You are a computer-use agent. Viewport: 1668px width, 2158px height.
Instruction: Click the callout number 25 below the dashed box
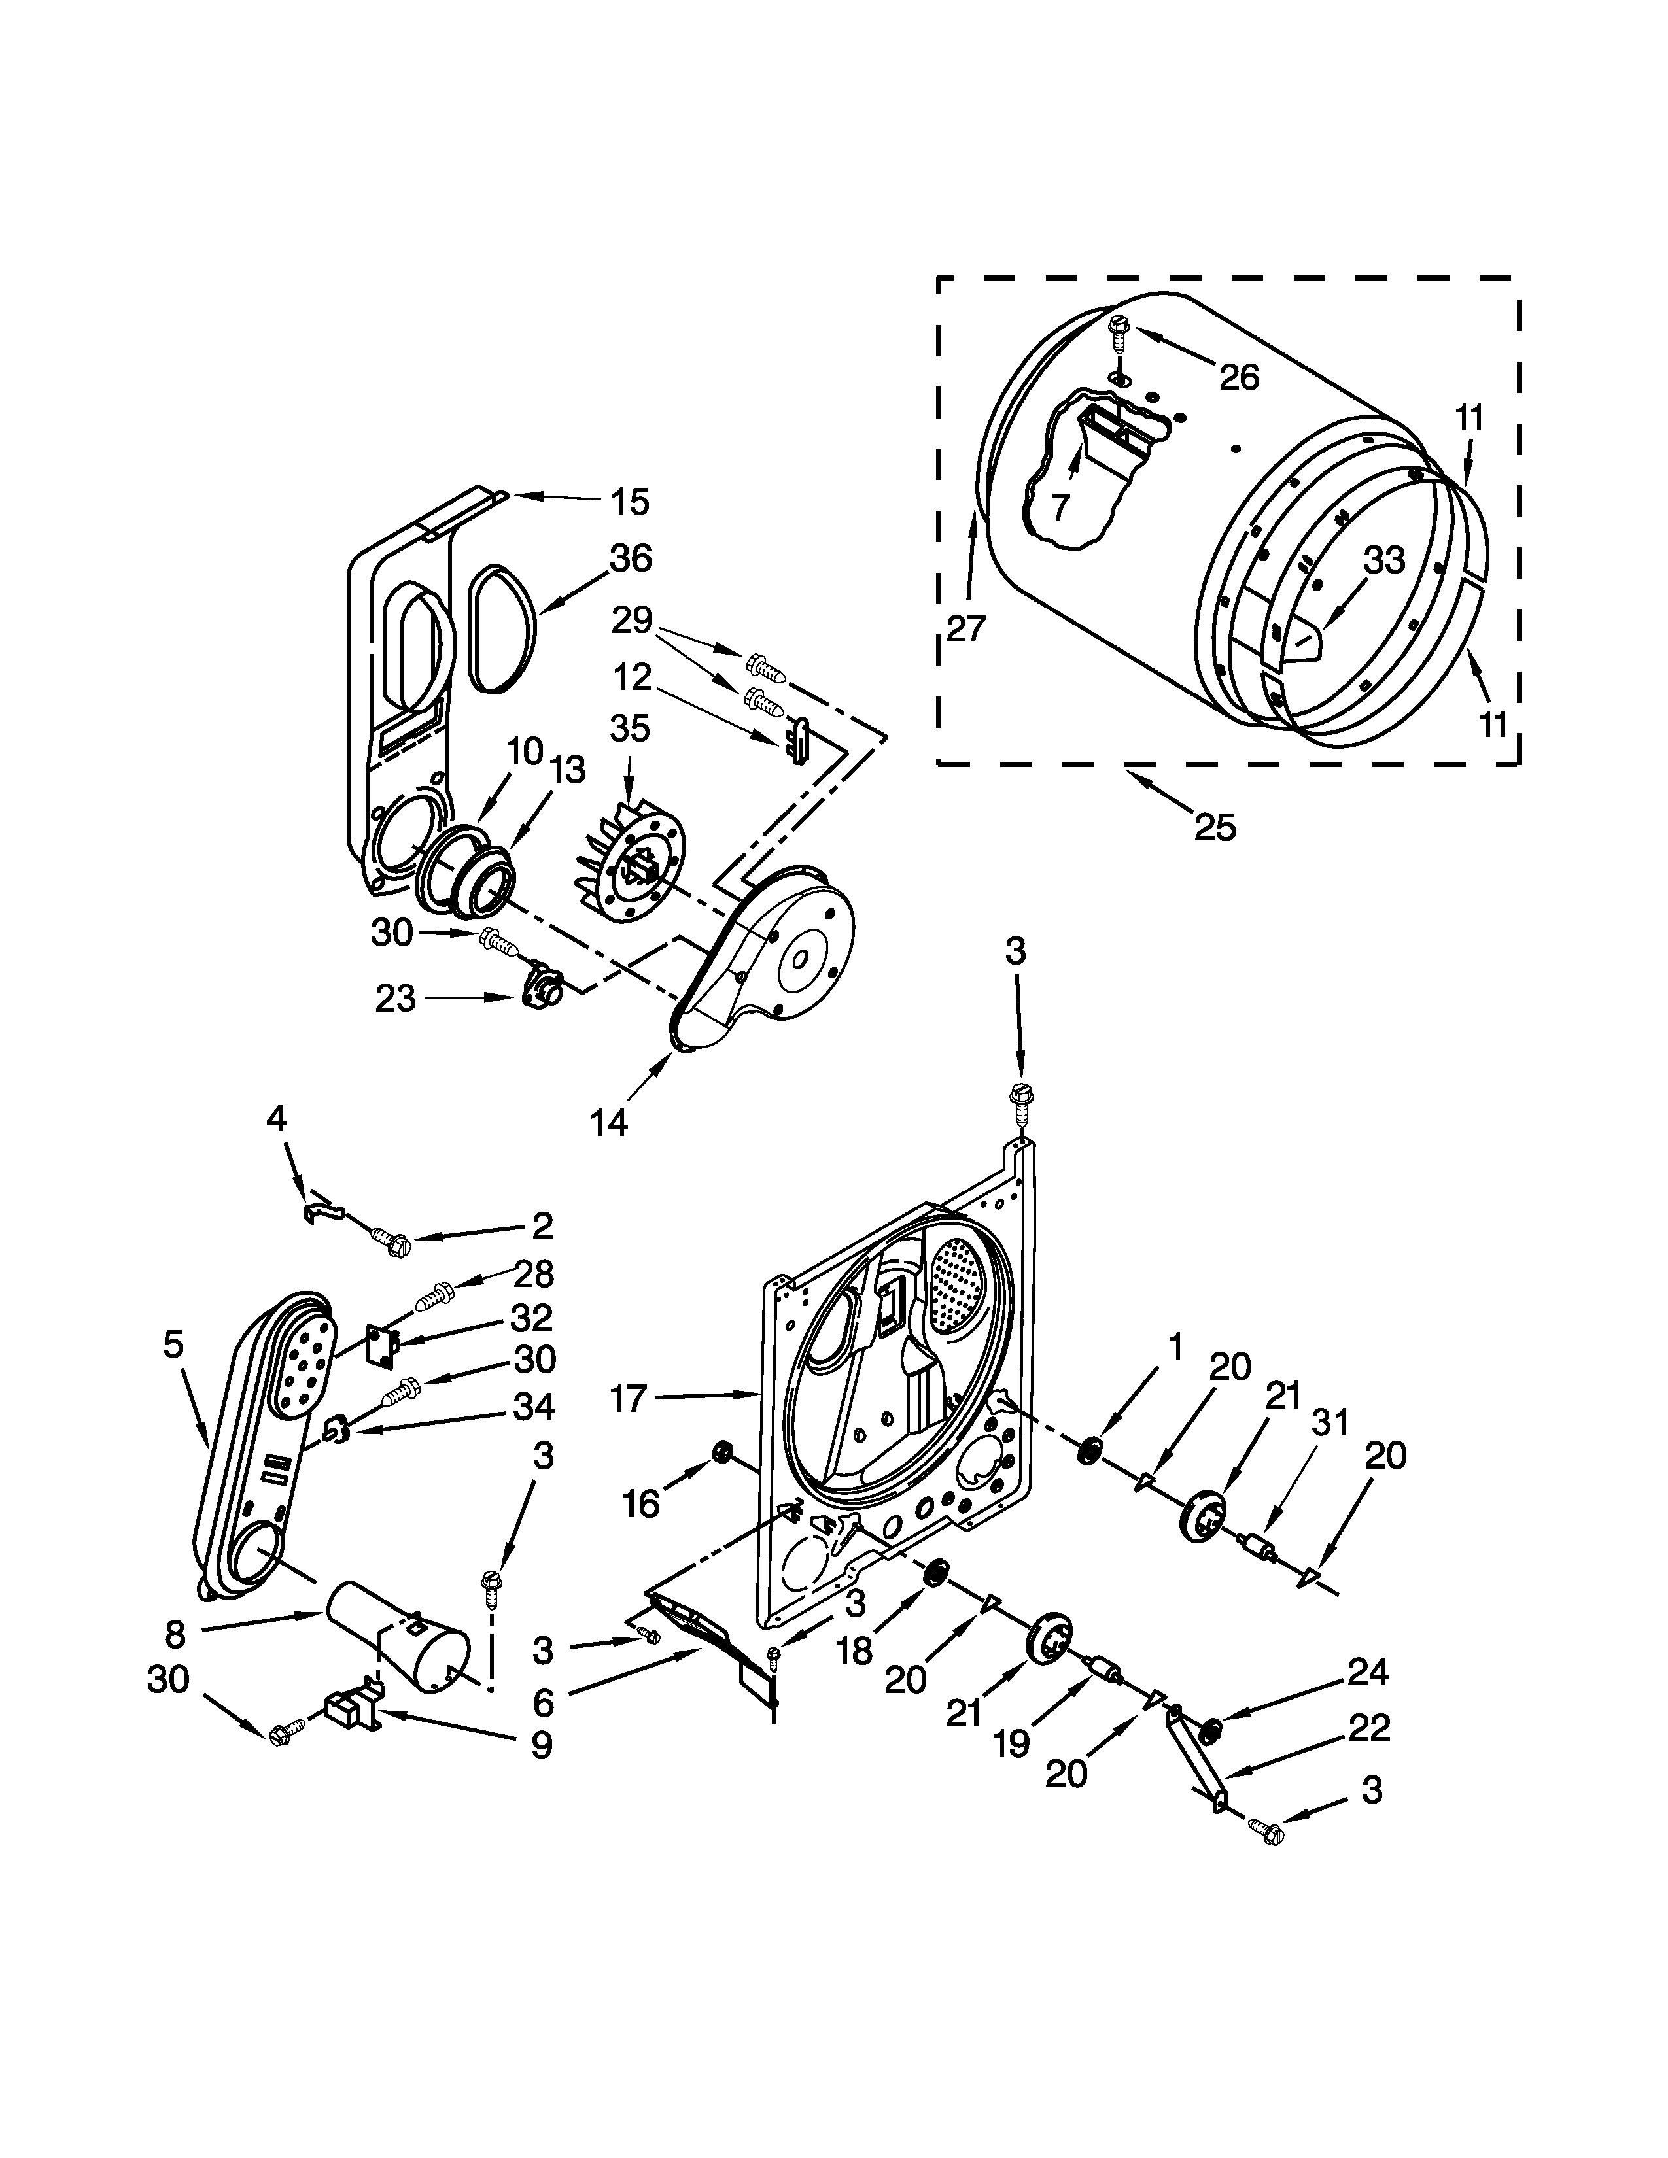pos(1215,826)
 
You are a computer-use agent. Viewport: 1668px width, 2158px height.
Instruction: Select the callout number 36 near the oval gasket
pos(631,558)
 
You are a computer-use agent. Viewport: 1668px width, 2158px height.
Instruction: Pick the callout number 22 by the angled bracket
pos(1368,1727)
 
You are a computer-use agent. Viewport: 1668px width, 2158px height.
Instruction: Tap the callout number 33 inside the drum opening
pos(1383,560)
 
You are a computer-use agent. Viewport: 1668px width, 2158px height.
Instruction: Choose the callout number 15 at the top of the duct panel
pos(629,502)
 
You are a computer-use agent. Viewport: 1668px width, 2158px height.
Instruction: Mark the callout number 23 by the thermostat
pos(395,999)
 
